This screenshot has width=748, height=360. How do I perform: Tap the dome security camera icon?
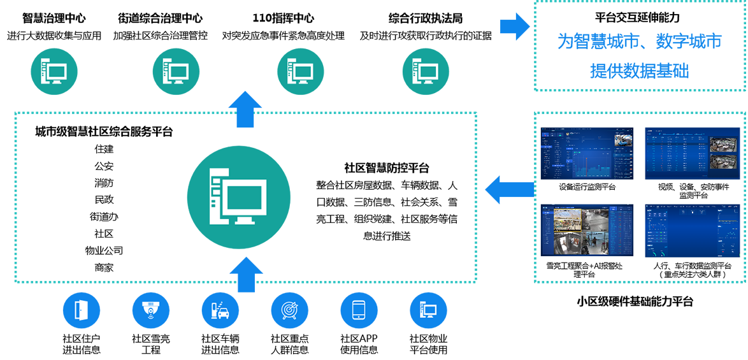150,310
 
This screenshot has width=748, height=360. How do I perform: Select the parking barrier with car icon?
219,310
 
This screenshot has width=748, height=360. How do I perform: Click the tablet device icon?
359,310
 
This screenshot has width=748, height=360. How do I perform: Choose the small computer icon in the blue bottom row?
428,310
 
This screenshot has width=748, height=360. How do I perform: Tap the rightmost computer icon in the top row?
424,71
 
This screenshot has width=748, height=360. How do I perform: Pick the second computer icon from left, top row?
176,71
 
